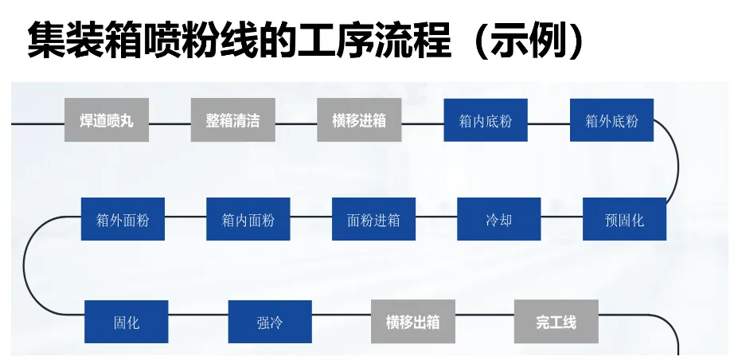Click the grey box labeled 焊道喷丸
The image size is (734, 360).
pyautogui.click(x=107, y=119)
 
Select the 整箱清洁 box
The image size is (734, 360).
pyautogui.click(x=232, y=119)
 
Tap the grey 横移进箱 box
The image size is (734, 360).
pyautogui.click(x=359, y=119)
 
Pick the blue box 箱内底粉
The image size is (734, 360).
pyautogui.click(x=486, y=119)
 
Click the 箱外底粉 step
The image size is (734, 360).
pyautogui.click(x=611, y=119)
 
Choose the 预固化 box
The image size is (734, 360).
pyautogui.click(x=624, y=219)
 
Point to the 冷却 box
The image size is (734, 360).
pyautogui.click(x=499, y=219)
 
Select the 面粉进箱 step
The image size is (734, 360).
pyautogui.click(x=373, y=219)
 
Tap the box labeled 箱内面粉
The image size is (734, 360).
pyautogui.click(x=248, y=219)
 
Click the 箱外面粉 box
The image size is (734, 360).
pyautogui.click(x=123, y=219)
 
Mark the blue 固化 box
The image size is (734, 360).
pyautogui.click(x=127, y=322)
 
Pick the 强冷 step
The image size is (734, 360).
pyautogui.click(x=270, y=322)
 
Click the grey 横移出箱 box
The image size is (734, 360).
pyautogui.click(x=413, y=322)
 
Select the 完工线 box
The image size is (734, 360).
pyautogui.click(x=556, y=322)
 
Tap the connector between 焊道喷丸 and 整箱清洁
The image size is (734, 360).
pyautogui.click(x=170, y=124)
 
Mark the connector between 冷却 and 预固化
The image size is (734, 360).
pyautogui.click(x=562, y=217)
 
